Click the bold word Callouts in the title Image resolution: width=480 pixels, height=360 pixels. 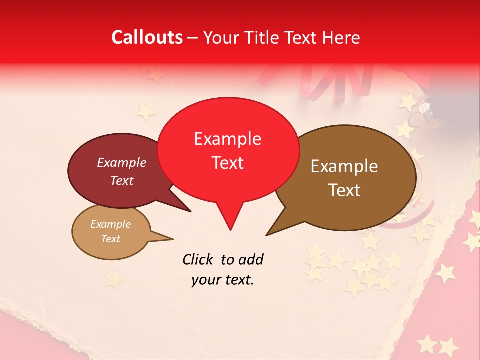[x=147, y=37]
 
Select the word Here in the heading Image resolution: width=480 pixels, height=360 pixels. [x=341, y=37]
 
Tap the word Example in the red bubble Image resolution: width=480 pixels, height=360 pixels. [x=227, y=138]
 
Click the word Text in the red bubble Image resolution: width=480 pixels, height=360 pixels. [x=227, y=162]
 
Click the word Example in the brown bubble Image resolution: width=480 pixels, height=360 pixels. [x=344, y=166]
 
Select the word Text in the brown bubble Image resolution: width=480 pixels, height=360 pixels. [x=345, y=190]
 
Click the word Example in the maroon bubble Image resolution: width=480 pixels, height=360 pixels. [x=121, y=162]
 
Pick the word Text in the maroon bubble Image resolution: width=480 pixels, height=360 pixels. [x=121, y=180]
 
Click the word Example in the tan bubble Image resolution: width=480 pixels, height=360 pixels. [x=110, y=224]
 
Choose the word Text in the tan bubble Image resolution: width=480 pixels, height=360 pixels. [x=110, y=239]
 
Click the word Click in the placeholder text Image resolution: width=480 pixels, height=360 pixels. [x=198, y=259]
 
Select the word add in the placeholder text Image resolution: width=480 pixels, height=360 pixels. [x=251, y=259]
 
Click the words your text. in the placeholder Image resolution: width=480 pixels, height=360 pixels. [x=223, y=280]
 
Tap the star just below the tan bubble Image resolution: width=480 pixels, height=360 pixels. [x=113, y=279]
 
